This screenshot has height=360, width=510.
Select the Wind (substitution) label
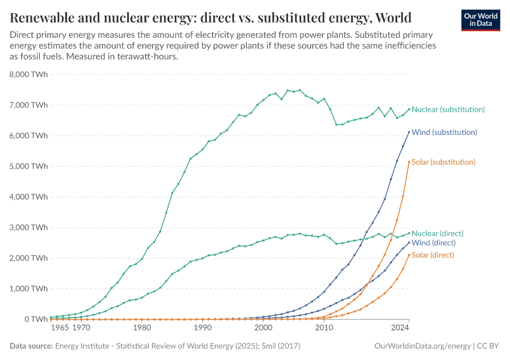[x=444, y=132]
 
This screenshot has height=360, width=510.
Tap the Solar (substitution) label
[x=443, y=162]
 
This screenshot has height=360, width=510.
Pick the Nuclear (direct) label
[x=437, y=233]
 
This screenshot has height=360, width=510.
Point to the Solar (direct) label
[x=433, y=255]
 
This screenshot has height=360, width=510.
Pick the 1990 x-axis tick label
[x=202, y=329]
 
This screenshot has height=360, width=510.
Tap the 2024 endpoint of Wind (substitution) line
[x=409, y=132]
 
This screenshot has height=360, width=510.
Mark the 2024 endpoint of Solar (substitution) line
[x=409, y=161]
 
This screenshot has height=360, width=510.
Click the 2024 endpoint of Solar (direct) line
[x=409, y=254]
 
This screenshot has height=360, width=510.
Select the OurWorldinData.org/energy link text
[x=422, y=346]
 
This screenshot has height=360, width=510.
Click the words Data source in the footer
[x=31, y=346]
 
